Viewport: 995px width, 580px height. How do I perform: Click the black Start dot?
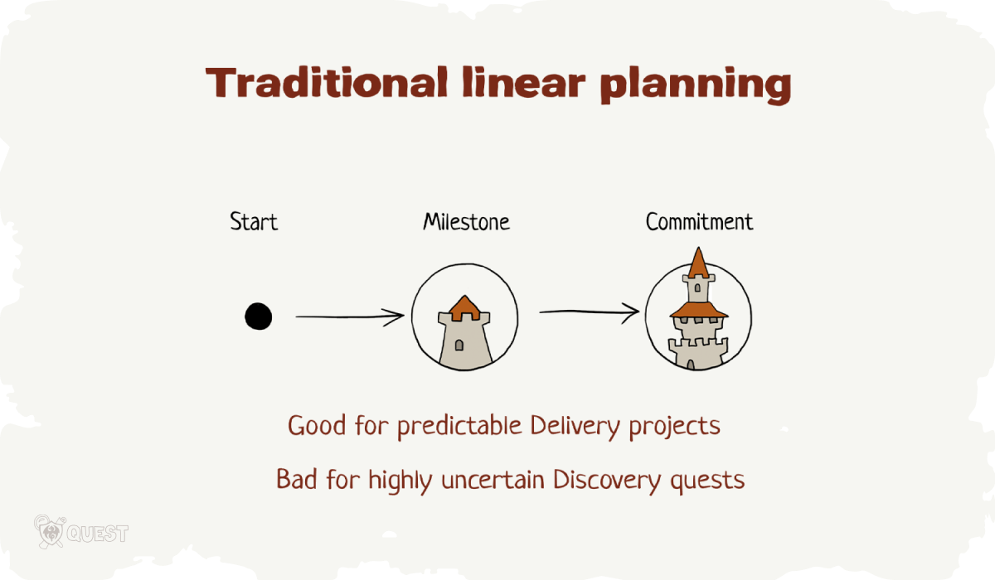coord(258,317)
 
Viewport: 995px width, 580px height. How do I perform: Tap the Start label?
coord(254,221)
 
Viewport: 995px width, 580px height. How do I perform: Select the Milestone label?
coord(466,221)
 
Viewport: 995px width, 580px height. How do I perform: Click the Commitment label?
coord(699,221)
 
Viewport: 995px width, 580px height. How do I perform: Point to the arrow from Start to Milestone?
coord(350,317)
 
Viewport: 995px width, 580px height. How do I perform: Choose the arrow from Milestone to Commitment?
coord(590,312)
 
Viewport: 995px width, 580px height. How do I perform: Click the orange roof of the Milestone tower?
coord(464,307)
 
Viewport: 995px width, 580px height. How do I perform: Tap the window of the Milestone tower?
coord(459,345)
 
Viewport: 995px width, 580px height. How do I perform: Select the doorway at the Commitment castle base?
coord(690,365)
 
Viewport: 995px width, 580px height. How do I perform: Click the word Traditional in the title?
coord(327,83)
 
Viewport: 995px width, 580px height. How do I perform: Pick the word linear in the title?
coord(524,83)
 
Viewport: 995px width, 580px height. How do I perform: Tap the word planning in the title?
coord(696,85)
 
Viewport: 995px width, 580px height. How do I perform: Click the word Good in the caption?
coord(317,425)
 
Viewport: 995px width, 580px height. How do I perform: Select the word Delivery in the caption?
coord(575,427)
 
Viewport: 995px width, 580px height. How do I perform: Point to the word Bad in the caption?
coord(297,479)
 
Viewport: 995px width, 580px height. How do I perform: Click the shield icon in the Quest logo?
coord(51,532)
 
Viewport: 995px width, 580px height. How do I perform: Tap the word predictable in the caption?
coord(459,427)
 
